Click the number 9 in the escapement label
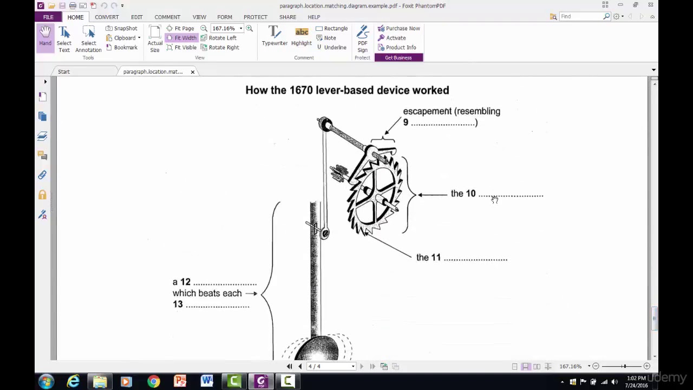pyautogui.click(x=406, y=122)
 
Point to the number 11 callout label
pyautogui.click(x=436, y=258)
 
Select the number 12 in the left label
pyautogui.click(x=185, y=282)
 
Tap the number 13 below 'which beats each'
pyautogui.click(x=178, y=304)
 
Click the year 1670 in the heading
pyautogui.click(x=301, y=90)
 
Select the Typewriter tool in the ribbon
pyautogui.click(x=274, y=37)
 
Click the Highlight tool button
pyautogui.click(x=302, y=37)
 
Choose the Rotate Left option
pyautogui.click(x=219, y=38)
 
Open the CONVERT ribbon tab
pyautogui.click(x=107, y=17)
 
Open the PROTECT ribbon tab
pyautogui.click(x=255, y=17)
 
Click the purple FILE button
pyautogui.click(x=48, y=17)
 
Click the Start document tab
pyautogui.click(x=64, y=71)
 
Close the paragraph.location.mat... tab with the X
pyautogui.click(x=192, y=71)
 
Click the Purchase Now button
pyautogui.click(x=399, y=28)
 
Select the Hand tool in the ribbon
pyautogui.click(x=45, y=37)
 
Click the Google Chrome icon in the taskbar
pyautogui.click(x=154, y=382)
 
